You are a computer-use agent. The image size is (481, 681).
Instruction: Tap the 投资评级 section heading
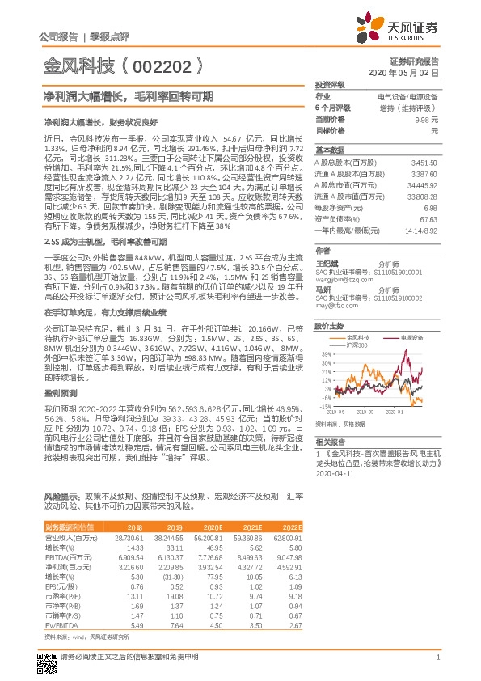[x=330, y=85]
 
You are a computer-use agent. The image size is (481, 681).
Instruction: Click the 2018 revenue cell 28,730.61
[x=126, y=537]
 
